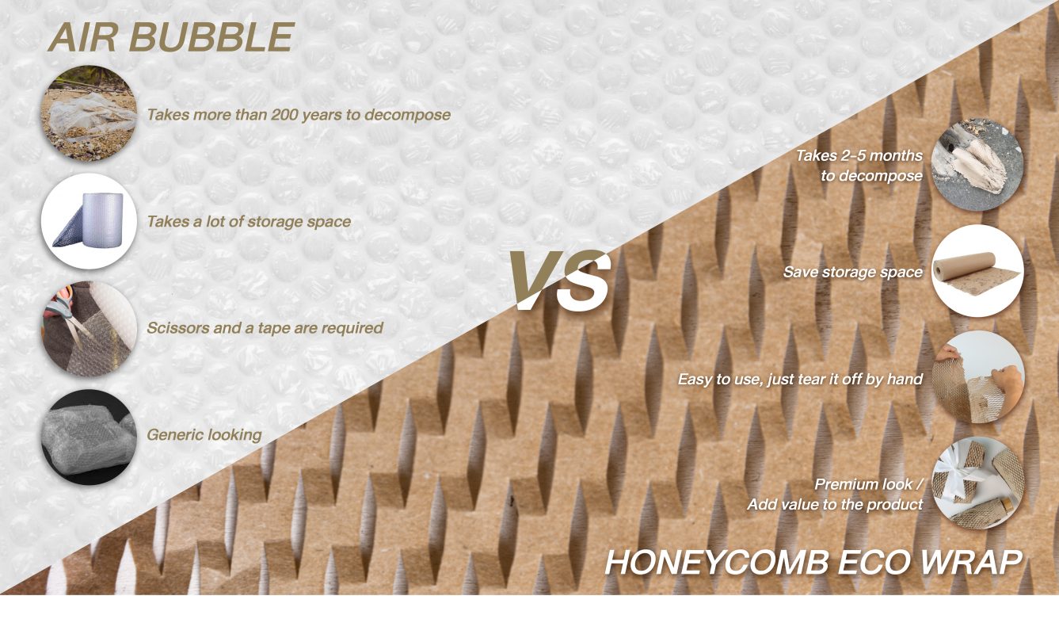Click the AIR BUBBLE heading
click(x=170, y=37)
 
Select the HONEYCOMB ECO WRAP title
click(x=813, y=561)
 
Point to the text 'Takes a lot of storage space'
click(x=249, y=221)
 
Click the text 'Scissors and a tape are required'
click(x=265, y=327)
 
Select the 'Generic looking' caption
click(x=204, y=434)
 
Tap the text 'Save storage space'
click(x=852, y=272)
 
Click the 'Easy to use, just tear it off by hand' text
click(x=799, y=380)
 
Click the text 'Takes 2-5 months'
click(x=859, y=156)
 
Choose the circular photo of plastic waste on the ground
click(x=89, y=114)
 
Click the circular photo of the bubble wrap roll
click(x=89, y=221)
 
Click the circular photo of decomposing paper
click(x=977, y=164)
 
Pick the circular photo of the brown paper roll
click(x=977, y=271)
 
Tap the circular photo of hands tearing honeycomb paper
click(x=977, y=378)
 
